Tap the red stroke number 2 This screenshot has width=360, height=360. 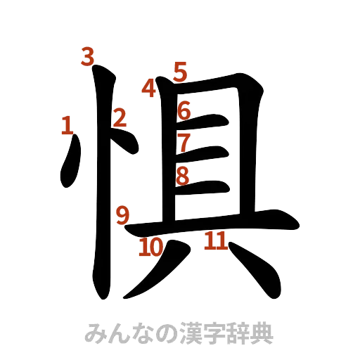(x=120, y=117)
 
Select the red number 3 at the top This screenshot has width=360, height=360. (x=87, y=56)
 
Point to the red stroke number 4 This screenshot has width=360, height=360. (x=149, y=89)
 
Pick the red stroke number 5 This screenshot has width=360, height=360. (x=181, y=71)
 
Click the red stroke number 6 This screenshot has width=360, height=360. (x=184, y=111)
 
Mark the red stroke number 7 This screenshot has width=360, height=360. (x=184, y=141)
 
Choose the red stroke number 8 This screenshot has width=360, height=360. (x=183, y=175)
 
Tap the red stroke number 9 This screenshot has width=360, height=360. (x=122, y=214)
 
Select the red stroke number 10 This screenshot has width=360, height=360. (x=150, y=247)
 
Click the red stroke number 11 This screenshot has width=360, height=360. (x=214, y=242)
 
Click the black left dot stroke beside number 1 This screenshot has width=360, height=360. (x=71, y=163)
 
